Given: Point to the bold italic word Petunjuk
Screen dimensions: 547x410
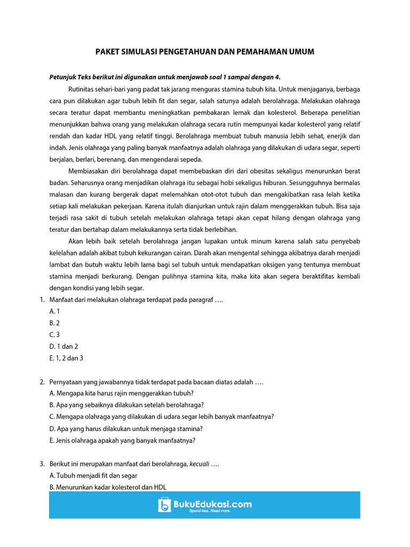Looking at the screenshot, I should tap(62, 77).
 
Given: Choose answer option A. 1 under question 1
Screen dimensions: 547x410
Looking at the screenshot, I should tap(54, 311).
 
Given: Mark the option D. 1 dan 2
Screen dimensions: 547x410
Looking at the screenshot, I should tap(64, 346).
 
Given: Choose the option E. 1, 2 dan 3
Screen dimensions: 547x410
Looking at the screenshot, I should tap(66, 358).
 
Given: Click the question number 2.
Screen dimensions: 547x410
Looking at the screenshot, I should tap(42, 382).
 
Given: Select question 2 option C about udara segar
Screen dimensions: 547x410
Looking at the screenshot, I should tap(161, 417).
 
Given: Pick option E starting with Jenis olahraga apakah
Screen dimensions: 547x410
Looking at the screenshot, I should tap(122, 440).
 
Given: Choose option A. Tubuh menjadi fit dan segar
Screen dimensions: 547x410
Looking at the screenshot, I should tap(93, 475).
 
